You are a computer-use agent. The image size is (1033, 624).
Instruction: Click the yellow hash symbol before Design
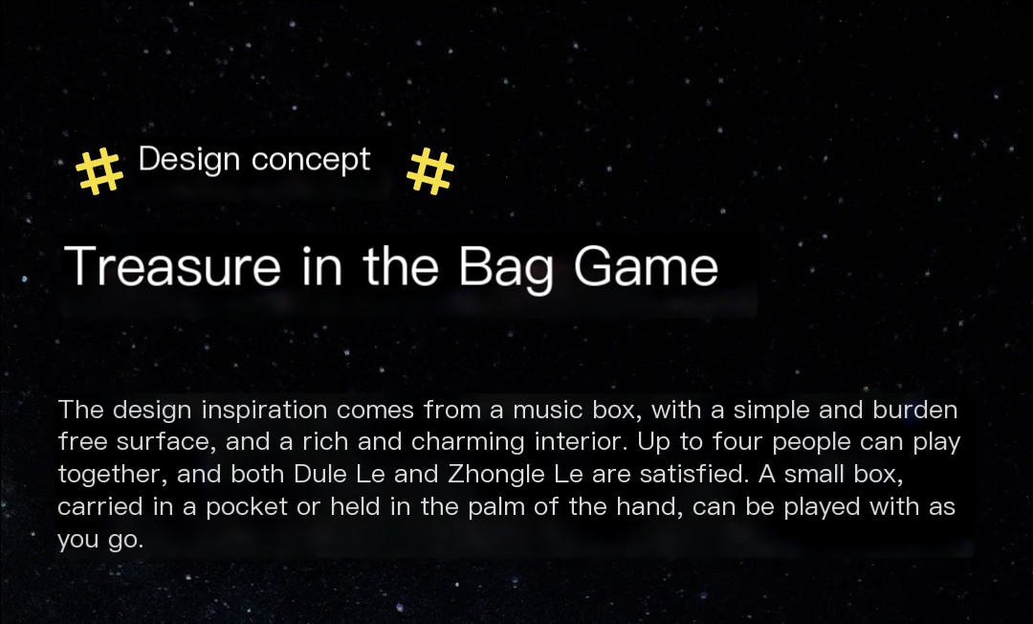[99, 171]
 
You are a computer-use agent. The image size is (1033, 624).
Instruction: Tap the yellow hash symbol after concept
[430, 170]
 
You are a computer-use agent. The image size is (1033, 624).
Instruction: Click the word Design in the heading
[189, 160]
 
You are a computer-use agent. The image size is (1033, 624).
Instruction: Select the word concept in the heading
[311, 161]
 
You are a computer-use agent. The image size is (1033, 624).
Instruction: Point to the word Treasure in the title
[172, 266]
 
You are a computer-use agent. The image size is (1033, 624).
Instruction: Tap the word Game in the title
[646, 266]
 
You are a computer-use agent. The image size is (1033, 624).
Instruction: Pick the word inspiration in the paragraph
[264, 411]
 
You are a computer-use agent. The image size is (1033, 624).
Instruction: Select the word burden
[915, 410]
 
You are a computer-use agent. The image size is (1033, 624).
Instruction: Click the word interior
[581, 441]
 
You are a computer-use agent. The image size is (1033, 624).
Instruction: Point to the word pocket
[247, 507]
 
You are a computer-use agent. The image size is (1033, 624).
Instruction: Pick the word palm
[498, 507]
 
